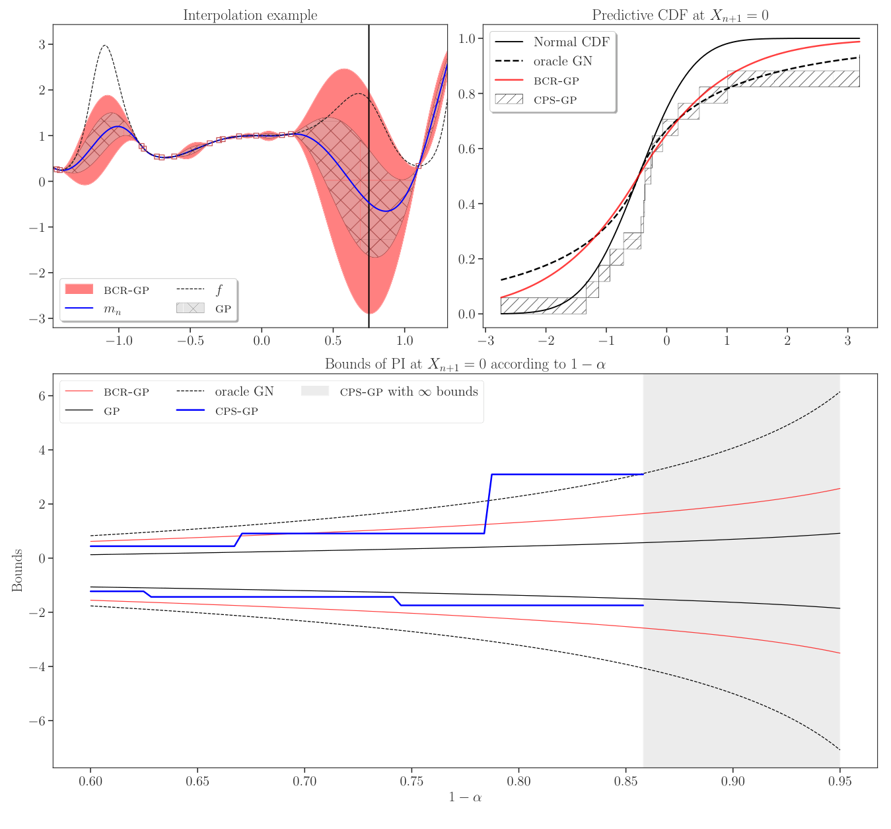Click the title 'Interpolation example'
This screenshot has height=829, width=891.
(x=250, y=15)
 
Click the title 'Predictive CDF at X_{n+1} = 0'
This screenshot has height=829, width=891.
(x=680, y=15)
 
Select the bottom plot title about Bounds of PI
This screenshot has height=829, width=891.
(x=465, y=364)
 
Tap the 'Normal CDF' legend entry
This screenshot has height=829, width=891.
(x=571, y=42)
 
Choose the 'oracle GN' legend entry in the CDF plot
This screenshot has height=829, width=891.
(x=562, y=61)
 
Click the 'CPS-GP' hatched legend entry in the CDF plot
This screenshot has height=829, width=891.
(x=555, y=100)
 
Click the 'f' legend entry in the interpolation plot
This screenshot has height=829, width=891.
(x=219, y=289)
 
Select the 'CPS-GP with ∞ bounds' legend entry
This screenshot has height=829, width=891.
(x=408, y=392)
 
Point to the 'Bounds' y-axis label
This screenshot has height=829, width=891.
(x=17, y=570)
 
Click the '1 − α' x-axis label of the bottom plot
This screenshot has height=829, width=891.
(x=465, y=797)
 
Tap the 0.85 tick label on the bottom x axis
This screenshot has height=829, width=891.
(x=625, y=781)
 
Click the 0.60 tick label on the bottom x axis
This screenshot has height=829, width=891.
(x=90, y=781)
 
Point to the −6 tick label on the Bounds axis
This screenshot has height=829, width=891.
(x=36, y=721)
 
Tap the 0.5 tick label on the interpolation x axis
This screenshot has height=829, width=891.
(x=333, y=341)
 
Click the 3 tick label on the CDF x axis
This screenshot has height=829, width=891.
(x=847, y=341)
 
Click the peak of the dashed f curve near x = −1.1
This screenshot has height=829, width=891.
(x=104, y=46)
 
